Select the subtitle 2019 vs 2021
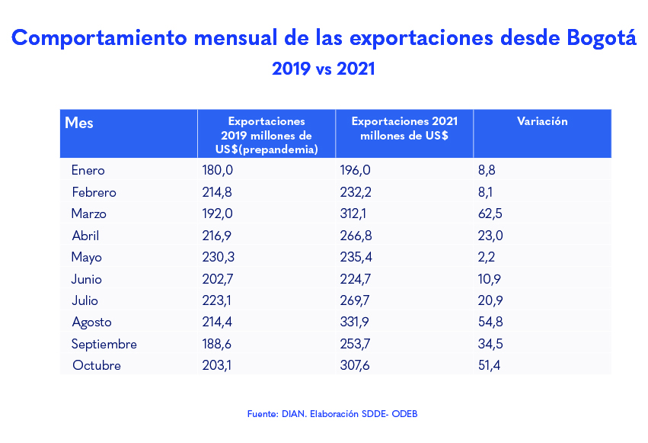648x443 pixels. pos(323,69)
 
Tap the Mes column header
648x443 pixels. pos(79,122)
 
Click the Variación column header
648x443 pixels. pos(542,121)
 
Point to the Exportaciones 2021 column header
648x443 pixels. pos(404,128)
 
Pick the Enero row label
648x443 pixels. pos(88,170)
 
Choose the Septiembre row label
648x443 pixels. pos(104,344)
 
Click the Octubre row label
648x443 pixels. pos(97,365)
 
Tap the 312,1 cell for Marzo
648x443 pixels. pos(354,213)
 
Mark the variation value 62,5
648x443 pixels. pos(490,213)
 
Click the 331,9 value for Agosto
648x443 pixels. pos(356,322)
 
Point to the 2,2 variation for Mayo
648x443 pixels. pos(487,257)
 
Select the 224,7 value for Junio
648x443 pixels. pos(356,279)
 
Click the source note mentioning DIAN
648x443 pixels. pos(332,414)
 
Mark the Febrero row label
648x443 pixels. pos(94,192)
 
